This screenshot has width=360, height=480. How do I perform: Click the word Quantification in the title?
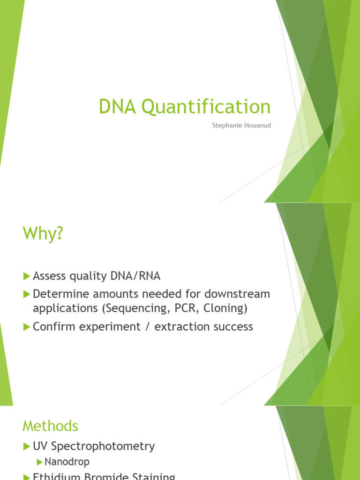[x=206, y=107]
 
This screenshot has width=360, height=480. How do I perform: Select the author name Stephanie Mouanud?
[x=241, y=126]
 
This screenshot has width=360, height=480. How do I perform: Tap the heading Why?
[x=43, y=233]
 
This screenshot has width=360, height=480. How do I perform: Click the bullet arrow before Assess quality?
[x=27, y=276]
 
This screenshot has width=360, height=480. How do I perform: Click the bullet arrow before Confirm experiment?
[x=27, y=327]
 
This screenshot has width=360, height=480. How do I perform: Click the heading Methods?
[x=50, y=426]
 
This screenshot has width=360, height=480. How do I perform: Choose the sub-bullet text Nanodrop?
[x=67, y=462]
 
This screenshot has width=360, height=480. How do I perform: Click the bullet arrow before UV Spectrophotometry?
[x=27, y=446]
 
